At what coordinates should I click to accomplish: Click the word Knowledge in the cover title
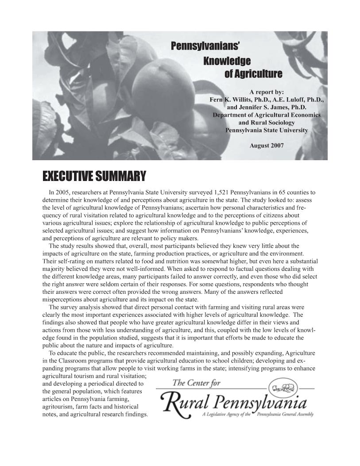coord(227,61)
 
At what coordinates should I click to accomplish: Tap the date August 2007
coord(267,145)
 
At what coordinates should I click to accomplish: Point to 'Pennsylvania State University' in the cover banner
coord(267,130)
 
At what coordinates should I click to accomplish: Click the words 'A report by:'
coord(267,92)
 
